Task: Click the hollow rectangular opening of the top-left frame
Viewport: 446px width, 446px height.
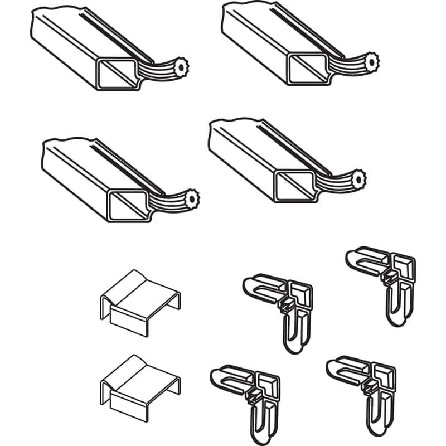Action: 119,74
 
